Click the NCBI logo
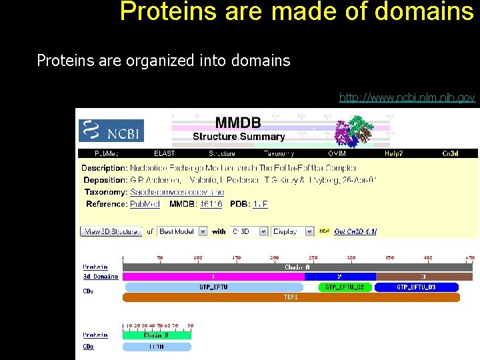[111, 131]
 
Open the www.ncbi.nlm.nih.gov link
[407, 98]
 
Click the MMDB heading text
[237, 123]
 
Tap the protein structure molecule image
[353, 130]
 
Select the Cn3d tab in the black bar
[451, 153]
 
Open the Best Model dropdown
[179, 231]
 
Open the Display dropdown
[291, 231]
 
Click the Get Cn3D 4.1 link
[355, 231]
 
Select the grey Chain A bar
[297, 267]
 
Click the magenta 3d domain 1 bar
[213, 277]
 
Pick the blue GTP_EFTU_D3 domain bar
[416, 287]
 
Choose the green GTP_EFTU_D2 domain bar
[344, 287]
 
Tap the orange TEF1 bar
[291, 297]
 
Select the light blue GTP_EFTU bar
[213, 287]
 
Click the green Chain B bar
[157, 335]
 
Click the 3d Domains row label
[100, 277]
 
